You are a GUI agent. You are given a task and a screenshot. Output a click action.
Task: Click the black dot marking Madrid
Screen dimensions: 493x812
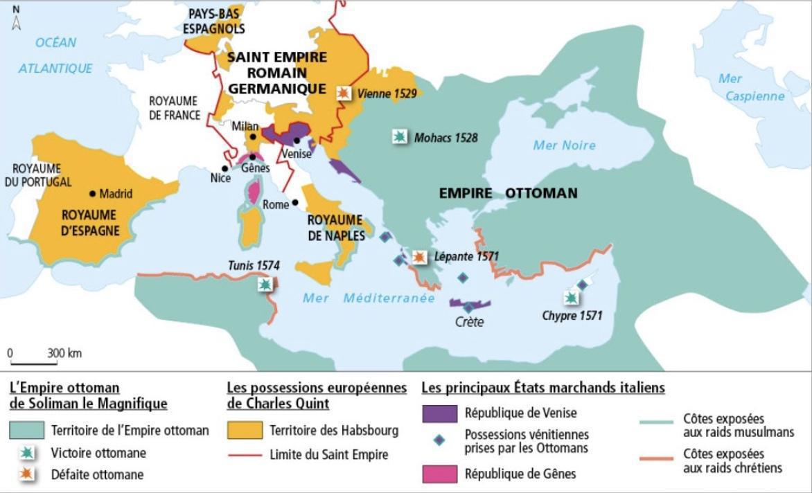[x=92, y=194]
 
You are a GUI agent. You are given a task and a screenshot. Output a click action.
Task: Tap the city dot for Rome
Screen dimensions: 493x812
[x=296, y=203]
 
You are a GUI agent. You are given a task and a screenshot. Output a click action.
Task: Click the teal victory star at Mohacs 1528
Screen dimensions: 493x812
[x=399, y=136]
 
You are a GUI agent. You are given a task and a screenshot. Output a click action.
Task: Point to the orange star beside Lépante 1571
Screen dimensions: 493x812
[x=418, y=257]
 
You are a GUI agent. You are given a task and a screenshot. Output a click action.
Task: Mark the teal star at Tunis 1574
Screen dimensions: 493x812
[x=265, y=284]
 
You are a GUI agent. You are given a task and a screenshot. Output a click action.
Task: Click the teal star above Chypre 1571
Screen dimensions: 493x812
[x=570, y=298]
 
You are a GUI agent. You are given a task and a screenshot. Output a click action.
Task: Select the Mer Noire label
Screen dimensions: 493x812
[x=564, y=145]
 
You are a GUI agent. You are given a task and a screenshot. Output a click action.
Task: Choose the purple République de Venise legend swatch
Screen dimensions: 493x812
[x=439, y=413]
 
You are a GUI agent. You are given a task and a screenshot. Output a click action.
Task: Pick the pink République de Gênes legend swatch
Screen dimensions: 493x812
[x=439, y=474]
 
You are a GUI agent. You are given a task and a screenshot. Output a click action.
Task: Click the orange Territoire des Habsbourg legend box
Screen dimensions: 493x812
[x=245, y=431]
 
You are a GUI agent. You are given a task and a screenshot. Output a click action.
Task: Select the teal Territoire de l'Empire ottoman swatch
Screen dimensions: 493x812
[x=28, y=431]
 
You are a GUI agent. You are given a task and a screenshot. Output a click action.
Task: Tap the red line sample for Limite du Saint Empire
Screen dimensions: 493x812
[x=245, y=455]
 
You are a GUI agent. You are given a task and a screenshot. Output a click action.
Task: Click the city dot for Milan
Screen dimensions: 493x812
[x=254, y=137]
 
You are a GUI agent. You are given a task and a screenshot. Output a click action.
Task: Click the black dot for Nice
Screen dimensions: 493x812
[x=224, y=168]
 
